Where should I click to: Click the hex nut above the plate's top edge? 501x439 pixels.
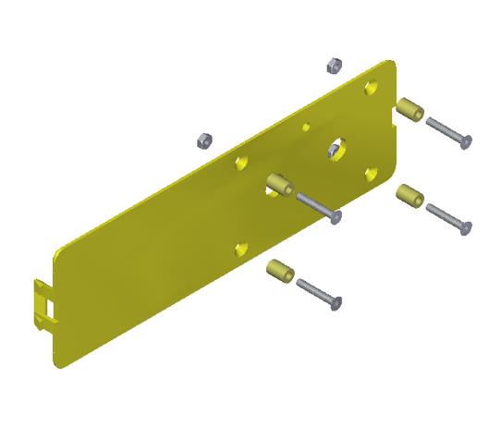336,65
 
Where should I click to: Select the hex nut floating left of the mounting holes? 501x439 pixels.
204,140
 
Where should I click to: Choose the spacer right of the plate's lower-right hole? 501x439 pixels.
409,196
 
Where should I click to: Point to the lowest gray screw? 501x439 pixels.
320,295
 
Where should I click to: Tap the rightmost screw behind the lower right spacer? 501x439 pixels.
450,218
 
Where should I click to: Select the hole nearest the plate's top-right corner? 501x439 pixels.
372,87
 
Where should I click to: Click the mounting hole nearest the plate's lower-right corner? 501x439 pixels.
371,174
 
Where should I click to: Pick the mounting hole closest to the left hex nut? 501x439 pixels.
241,162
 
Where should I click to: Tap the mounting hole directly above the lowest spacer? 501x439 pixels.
241,248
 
